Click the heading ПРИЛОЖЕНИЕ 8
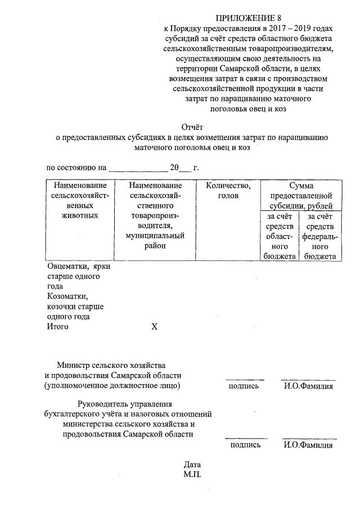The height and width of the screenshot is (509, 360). pos(243,17)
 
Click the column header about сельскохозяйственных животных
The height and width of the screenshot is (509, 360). pos(79,200)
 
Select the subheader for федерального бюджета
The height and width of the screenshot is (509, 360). pos(319,236)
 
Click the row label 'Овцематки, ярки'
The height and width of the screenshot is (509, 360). pos(79,267)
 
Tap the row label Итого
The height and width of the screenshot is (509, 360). pos(58,327)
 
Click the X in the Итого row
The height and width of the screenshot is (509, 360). pos(154,327)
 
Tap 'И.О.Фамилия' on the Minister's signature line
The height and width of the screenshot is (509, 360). pos(308,386)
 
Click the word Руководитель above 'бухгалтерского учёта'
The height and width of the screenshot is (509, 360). pos(102,403)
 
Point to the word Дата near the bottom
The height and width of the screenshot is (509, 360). pos(192,465)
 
